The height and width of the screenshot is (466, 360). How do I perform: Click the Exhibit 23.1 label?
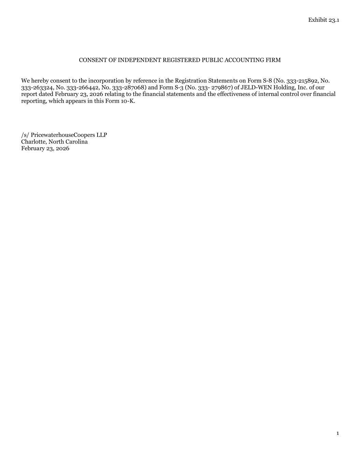[x=323, y=20]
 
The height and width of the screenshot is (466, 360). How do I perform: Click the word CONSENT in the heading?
[x=90, y=60]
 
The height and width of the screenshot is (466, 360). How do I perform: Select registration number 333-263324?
[x=37, y=88]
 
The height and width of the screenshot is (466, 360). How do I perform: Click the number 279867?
[x=221, y=88]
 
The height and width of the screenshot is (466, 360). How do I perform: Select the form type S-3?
[x=178, y=88]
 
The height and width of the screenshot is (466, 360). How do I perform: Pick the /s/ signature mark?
[x=25, y=135]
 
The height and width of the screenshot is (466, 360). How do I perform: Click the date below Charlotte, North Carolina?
[x=45, y=149]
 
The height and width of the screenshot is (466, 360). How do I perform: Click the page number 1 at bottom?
[x=337, y=434]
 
